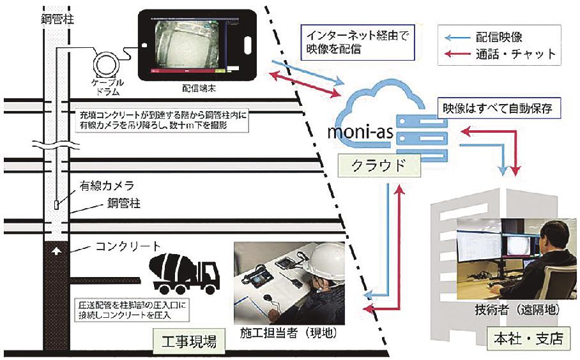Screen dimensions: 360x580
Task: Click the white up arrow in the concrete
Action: tap(56, 251)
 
